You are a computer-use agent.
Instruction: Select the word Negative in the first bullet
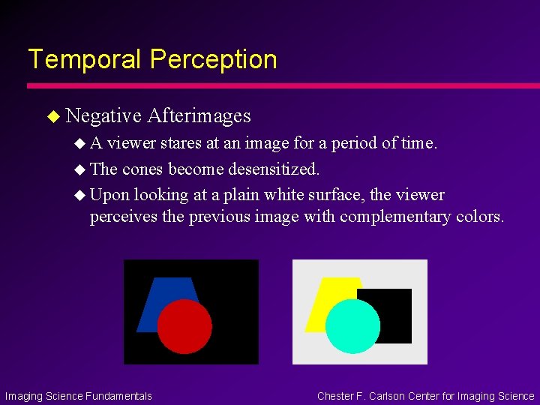coord(103,115)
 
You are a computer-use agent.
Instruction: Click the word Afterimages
coord(199,115)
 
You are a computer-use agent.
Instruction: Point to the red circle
coord(184,326)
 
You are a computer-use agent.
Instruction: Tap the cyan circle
coord(352,326)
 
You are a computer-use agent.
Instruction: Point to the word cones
coord(143,169)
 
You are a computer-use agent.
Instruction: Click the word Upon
coord(109,195)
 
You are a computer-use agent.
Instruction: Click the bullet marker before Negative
coord(52,116)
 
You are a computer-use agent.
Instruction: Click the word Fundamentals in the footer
coord(118,396)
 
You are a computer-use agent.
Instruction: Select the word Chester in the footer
coord(338,396)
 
